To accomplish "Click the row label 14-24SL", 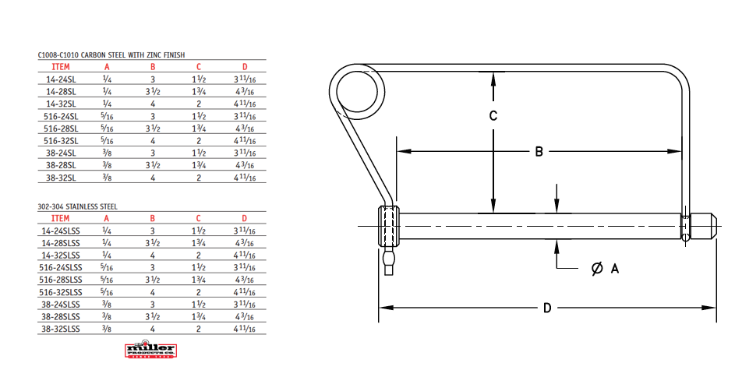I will point(60,79).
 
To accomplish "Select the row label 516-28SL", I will point(60,128).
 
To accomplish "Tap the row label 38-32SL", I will point(60,177).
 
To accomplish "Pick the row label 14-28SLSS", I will point(60,243).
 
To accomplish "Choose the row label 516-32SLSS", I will point(60,292).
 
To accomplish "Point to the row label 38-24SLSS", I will point(60,305).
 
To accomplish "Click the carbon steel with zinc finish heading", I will point(111,55).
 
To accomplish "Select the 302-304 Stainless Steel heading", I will point(77,206).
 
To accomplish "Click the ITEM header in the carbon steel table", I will point(60,67).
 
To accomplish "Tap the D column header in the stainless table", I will point(244,219).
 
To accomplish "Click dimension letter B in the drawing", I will point(539,152).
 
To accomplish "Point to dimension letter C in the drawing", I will point(493,116).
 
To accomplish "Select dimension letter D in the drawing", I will point(547,308).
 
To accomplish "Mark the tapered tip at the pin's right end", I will point(705,226).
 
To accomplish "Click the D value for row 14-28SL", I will point(244,91).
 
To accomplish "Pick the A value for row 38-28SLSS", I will point(107,317).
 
